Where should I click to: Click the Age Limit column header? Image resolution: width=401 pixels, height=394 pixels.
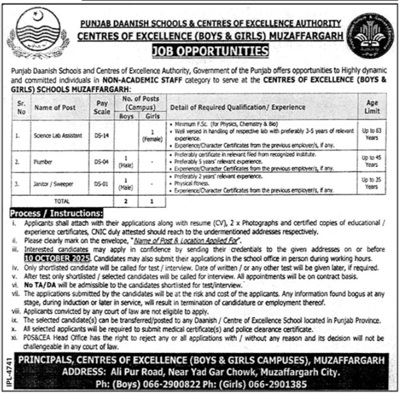click(373, 107)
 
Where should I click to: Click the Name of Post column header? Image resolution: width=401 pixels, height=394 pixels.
click(55, 107)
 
